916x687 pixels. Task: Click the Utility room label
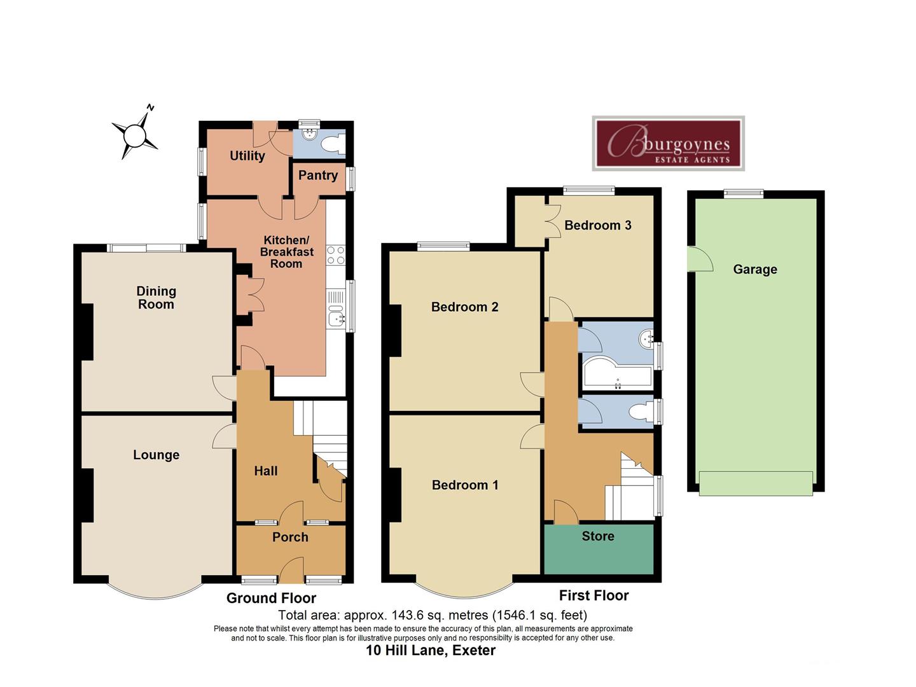(247, 156)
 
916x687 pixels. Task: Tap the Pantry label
(318, 175)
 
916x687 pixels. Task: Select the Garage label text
(755, 270)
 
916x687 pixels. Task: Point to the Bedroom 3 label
(597, 225)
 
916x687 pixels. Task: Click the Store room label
(598, 536)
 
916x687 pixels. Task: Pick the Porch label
(290, 537)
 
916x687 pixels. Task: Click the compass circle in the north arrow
(135, 135)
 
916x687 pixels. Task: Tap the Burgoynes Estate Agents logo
(668, 143)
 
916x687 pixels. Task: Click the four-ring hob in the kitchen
(336, 255)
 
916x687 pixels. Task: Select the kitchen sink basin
(337, 316)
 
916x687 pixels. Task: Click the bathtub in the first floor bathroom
(617, 371)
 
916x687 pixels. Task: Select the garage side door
(700, 259)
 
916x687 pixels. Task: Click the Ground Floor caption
(271, 598)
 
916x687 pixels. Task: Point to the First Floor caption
(594, 595)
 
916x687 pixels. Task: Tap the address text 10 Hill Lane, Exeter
(431, 650)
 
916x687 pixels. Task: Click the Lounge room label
(156, 455)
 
